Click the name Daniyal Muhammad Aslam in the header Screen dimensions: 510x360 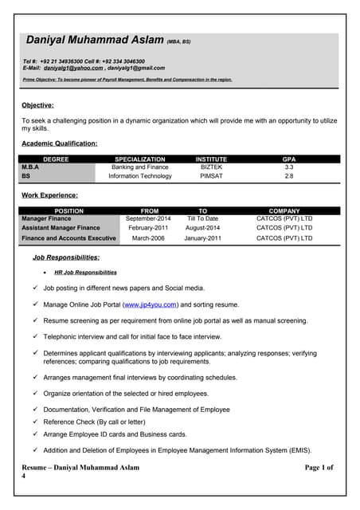pos(95,40)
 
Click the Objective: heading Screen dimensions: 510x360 pos(37,105)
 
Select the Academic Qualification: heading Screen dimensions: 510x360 pos(59,143)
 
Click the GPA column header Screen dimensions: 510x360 pos(288,159)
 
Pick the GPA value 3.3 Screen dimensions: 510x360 pos(288,167)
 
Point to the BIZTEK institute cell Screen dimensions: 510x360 pos(211,167)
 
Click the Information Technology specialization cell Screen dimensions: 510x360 pos(140,176)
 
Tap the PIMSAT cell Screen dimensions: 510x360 pos(211,176)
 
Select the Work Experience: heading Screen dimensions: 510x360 pos(49,195)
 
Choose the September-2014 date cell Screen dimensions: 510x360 pos(148,218)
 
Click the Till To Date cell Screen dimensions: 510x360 pos(202,218)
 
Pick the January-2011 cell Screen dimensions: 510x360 pos(202,237)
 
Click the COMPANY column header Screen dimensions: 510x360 pos(284,210)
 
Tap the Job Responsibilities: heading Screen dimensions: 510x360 pos(66,257)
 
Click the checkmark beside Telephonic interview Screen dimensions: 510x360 pos(35,336)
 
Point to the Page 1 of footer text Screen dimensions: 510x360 pos(319,467)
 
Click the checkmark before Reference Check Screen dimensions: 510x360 pos(35,422)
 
